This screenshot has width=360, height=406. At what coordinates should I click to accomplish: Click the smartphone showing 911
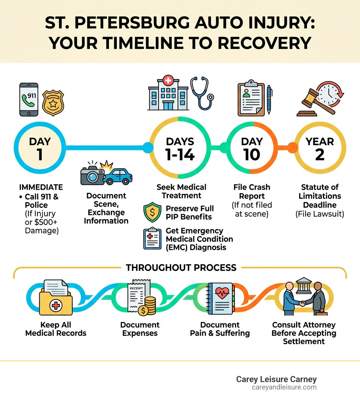coord(29,100)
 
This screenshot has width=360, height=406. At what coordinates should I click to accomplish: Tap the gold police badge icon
coord(53,103)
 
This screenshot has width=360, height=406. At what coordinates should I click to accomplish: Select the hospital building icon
coord(168,94)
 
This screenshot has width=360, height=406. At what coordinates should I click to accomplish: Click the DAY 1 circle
coord(40,148)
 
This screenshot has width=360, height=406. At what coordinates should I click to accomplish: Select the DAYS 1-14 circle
coord(180,148)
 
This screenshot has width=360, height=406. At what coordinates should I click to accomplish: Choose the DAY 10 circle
coord(252,148)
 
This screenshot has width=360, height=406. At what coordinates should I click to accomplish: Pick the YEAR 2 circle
coord(320,148)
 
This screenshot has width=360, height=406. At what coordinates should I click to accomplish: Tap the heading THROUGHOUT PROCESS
coord(181,267)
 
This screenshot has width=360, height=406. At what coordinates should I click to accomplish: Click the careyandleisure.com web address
coord(284,387)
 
